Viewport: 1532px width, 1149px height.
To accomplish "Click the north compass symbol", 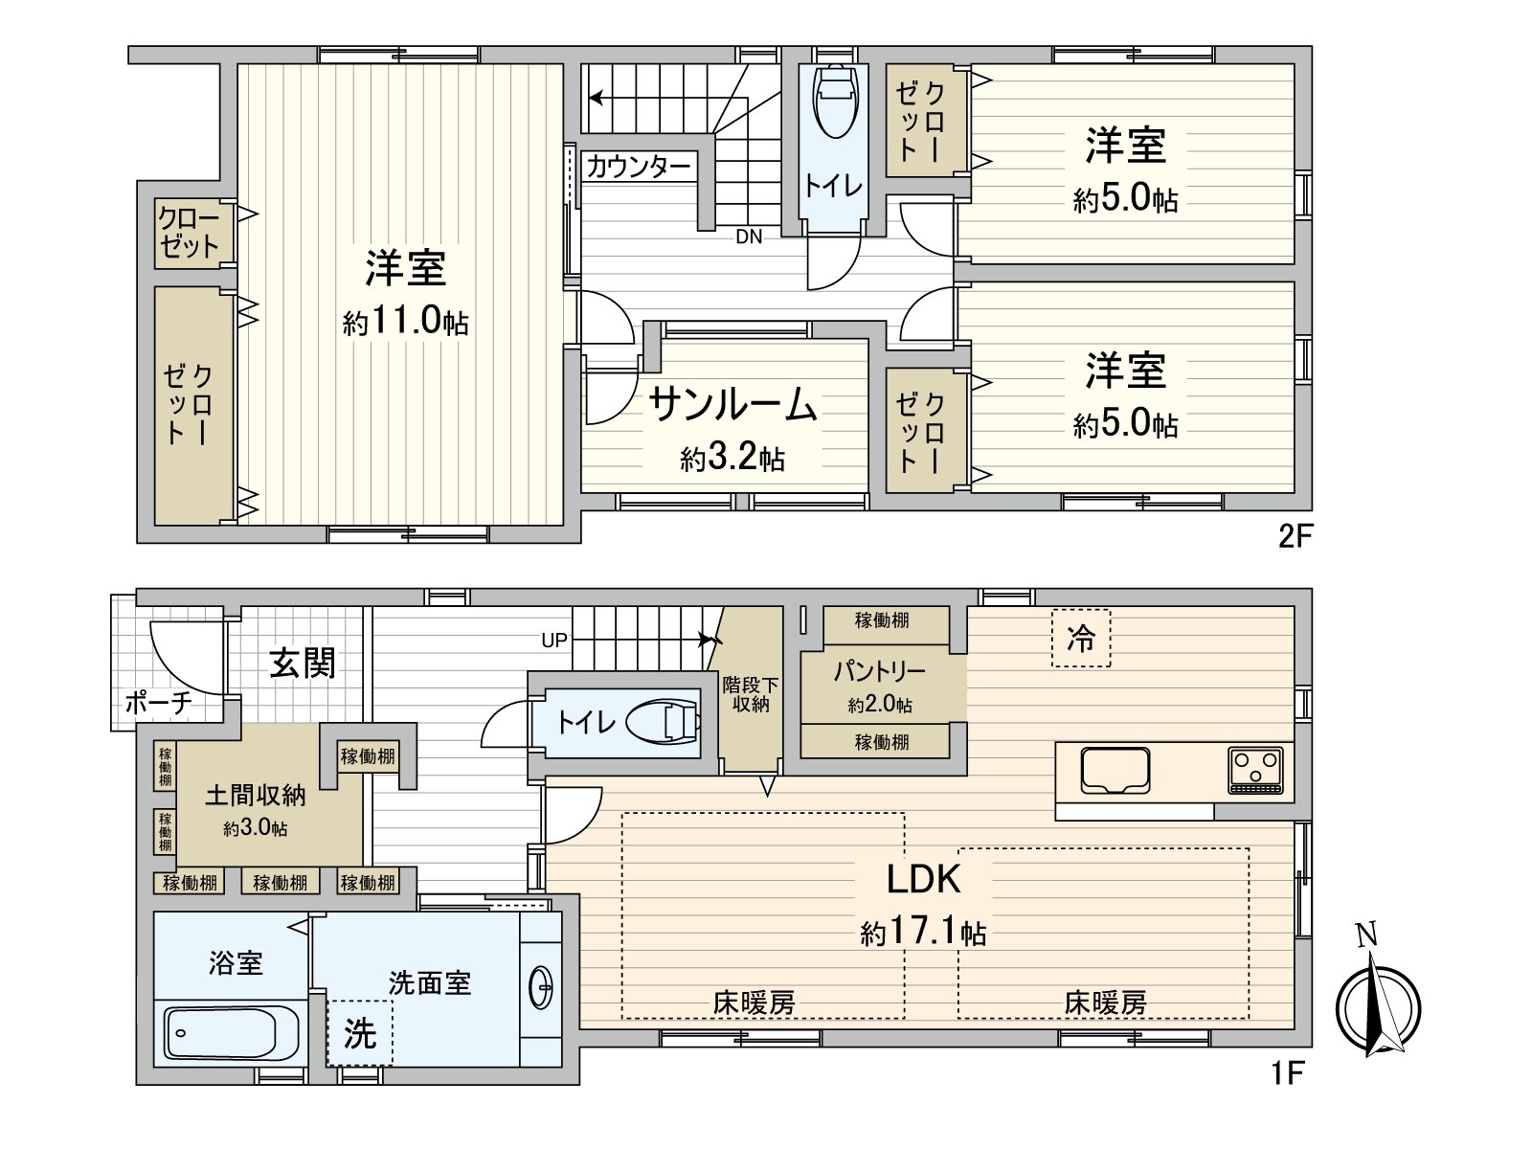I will click(x=1378, y=1007).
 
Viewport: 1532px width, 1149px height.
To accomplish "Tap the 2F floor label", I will click(x=1294, y=536).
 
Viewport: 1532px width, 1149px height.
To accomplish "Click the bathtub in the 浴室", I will click(x=230, y=1032).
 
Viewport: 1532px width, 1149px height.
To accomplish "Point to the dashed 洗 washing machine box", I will click(x=360, y=1033).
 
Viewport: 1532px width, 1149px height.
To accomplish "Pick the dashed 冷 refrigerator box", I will click(x=1081, y=639).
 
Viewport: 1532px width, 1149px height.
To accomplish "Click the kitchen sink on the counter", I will click(x=1115, y=772).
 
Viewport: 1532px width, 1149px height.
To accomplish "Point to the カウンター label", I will click(x=638, y=168).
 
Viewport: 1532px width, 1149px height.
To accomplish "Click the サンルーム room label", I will click(x=732, y=405).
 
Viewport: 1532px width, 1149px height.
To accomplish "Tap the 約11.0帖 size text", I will click(x=405, y=322).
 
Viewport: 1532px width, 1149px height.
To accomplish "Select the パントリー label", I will click(x=879, y=671).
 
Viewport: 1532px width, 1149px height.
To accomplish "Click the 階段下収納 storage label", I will click(x=751, y=694).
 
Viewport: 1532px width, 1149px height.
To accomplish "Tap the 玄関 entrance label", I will click(x=303, y=663).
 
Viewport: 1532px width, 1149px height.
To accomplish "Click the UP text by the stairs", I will click(x=554, y=641).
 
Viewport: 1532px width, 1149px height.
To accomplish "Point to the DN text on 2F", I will click(x=749, y=237).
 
